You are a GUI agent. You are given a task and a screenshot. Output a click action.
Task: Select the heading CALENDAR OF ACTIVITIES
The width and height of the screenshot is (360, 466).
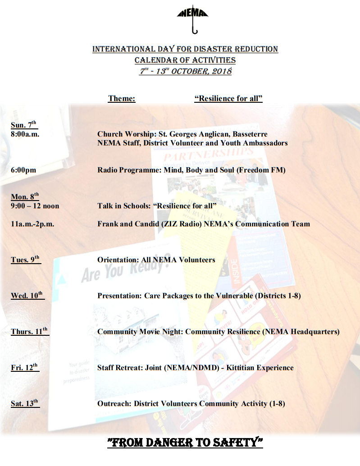coord(185,60)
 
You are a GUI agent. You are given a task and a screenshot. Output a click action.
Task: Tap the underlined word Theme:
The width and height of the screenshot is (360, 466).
coord(122,99)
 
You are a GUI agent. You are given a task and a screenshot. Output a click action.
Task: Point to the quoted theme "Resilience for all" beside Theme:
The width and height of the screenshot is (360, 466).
coord(228,99)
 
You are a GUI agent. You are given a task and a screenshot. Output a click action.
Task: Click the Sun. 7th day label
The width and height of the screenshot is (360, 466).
coord(23,125)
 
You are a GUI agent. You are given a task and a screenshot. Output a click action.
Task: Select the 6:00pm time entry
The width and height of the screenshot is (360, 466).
coord(23,170)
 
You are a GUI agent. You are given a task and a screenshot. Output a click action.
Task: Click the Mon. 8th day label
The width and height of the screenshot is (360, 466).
coord(25,197)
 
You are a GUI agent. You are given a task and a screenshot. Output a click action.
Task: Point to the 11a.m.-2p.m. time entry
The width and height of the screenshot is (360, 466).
coord(32,224)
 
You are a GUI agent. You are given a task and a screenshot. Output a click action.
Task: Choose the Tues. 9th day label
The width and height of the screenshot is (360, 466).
coord(26,260)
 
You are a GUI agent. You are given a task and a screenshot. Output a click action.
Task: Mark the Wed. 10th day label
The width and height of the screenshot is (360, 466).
coord(27,296)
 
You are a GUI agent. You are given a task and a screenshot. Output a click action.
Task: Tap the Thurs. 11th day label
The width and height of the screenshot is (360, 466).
coord(30,332)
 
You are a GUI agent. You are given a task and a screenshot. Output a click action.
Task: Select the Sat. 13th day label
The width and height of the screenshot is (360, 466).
coord(25,404)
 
